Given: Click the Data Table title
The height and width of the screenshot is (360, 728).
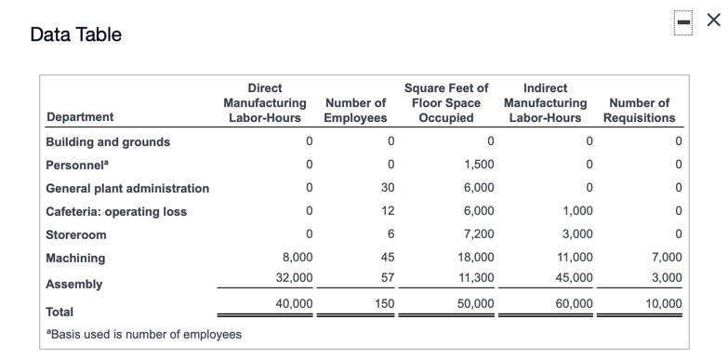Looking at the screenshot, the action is point(76,35).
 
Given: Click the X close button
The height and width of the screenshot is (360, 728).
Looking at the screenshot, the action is point(712,20).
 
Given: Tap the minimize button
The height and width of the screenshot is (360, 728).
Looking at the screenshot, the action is point(683,20).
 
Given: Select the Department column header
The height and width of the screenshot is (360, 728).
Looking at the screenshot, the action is point(80,117).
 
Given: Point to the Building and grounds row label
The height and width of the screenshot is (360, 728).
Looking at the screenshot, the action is point(108,142).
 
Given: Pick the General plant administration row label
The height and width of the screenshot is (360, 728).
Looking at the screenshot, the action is point(127,189).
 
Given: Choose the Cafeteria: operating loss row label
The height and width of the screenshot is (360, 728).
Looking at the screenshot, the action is point(116,212).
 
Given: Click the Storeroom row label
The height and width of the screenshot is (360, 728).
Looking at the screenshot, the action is point(76,235).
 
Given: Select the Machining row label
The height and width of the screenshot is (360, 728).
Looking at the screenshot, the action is point(75,259).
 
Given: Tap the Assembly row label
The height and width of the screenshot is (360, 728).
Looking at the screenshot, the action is point(73,284).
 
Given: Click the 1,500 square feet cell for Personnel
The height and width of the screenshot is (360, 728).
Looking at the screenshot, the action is point(479,165).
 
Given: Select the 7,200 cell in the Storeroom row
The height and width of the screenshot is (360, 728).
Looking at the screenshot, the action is point(479,234).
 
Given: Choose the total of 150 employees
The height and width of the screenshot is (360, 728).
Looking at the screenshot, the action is point(384,303).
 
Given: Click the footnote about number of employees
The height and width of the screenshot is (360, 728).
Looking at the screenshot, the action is point(143,334).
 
